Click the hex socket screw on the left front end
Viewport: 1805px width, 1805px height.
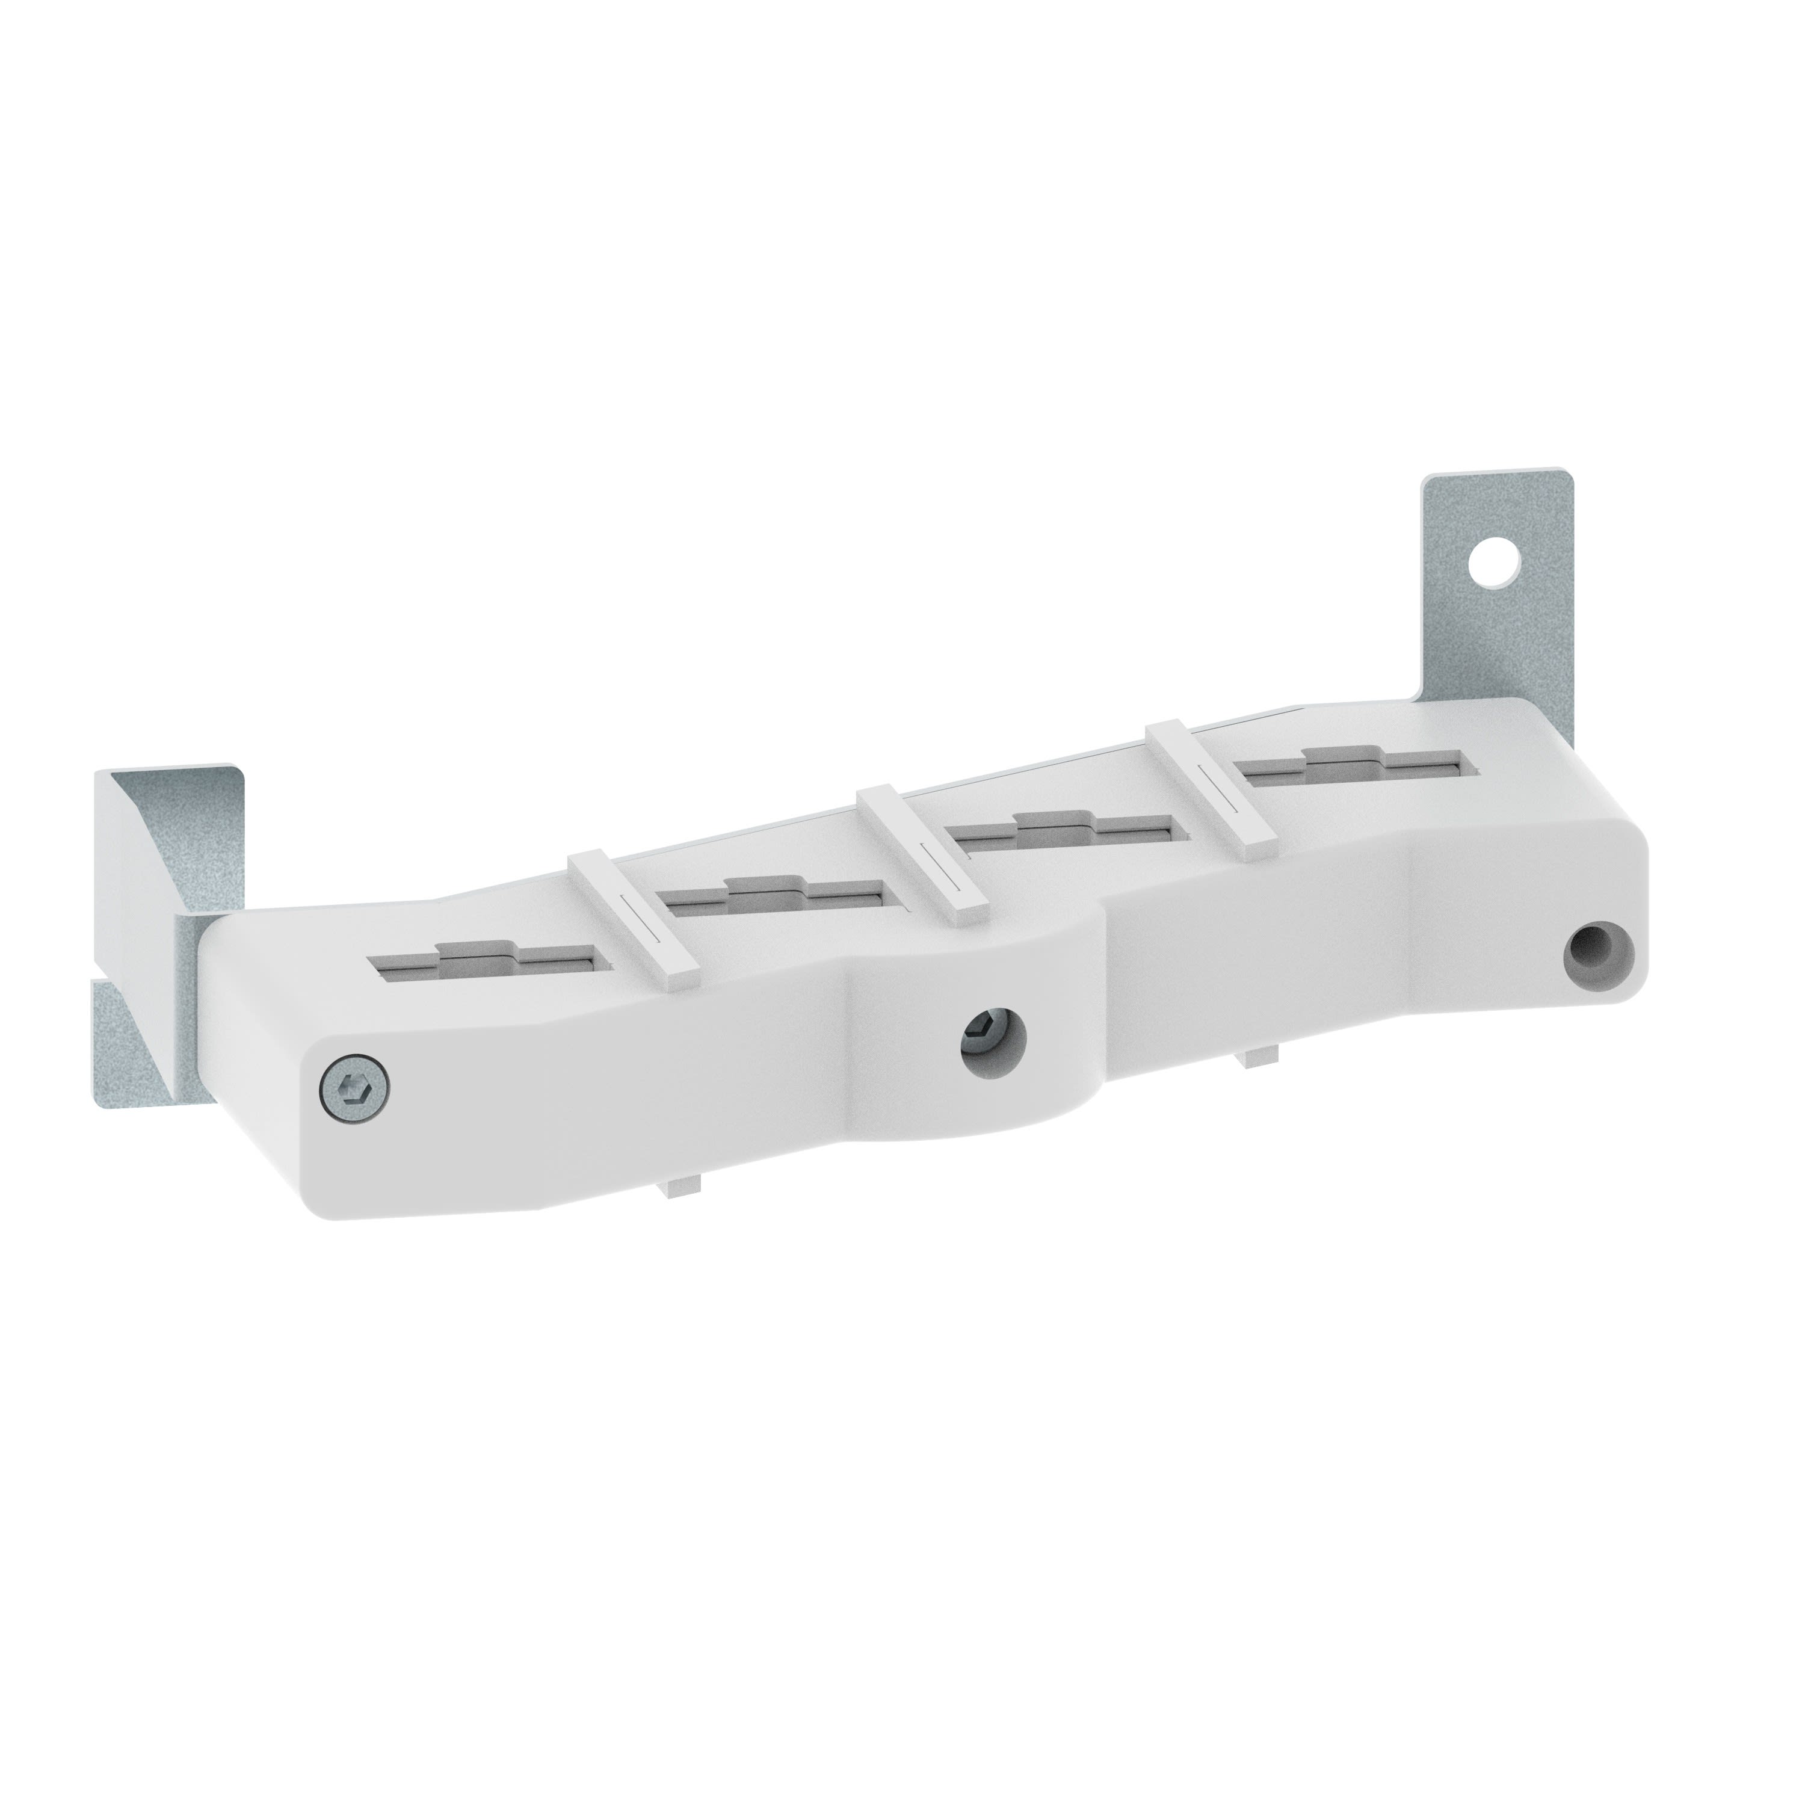(354, 1087)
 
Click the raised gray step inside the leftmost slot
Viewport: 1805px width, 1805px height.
(477, 952)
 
